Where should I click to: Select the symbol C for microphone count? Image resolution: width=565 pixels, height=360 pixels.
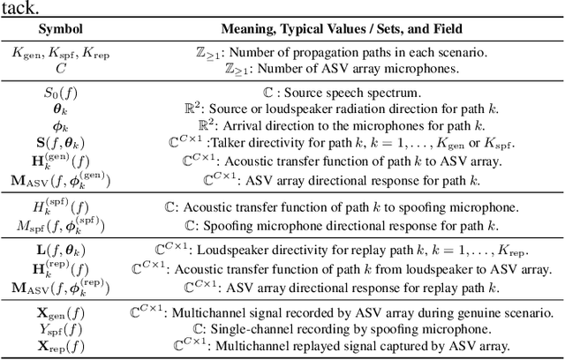pos(61,67)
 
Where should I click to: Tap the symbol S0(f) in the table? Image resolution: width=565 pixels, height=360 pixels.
pos(61,89)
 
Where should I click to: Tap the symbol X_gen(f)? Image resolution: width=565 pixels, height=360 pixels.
pos(61,311)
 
